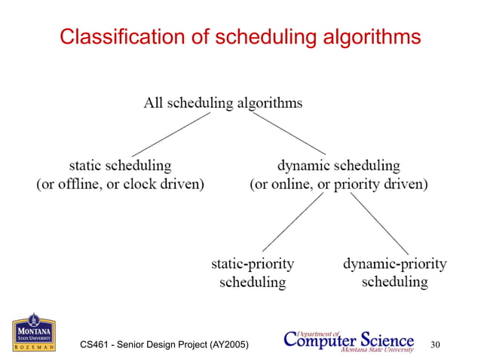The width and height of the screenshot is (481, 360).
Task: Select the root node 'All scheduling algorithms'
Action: (x=223, y=103)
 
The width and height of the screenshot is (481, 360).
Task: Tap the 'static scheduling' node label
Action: (x=120, y=164)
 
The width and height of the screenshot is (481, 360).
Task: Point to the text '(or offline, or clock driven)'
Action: (x=121, y=184)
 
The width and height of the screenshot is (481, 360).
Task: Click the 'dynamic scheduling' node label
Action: (x=339, y=164)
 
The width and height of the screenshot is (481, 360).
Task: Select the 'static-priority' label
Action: (x=252, y=264)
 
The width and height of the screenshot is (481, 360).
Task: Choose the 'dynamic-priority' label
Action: (x=394, y=264)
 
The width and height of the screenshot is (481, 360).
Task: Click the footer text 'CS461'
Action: (x=96, y=345)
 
